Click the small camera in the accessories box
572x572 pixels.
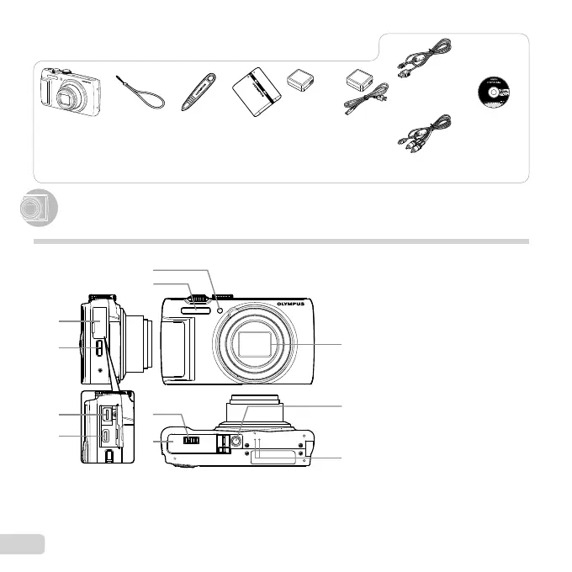pyautogui.click(x=71, y=91)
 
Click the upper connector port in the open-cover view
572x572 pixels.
pyautogui.click(x=107, y=414)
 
